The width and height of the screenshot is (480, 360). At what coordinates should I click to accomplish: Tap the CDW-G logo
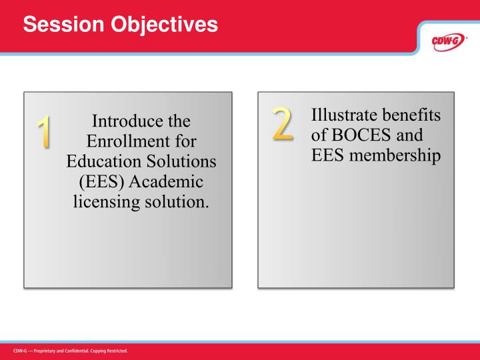(446, 41)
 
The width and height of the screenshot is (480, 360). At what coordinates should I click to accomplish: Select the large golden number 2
(282, 123)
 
